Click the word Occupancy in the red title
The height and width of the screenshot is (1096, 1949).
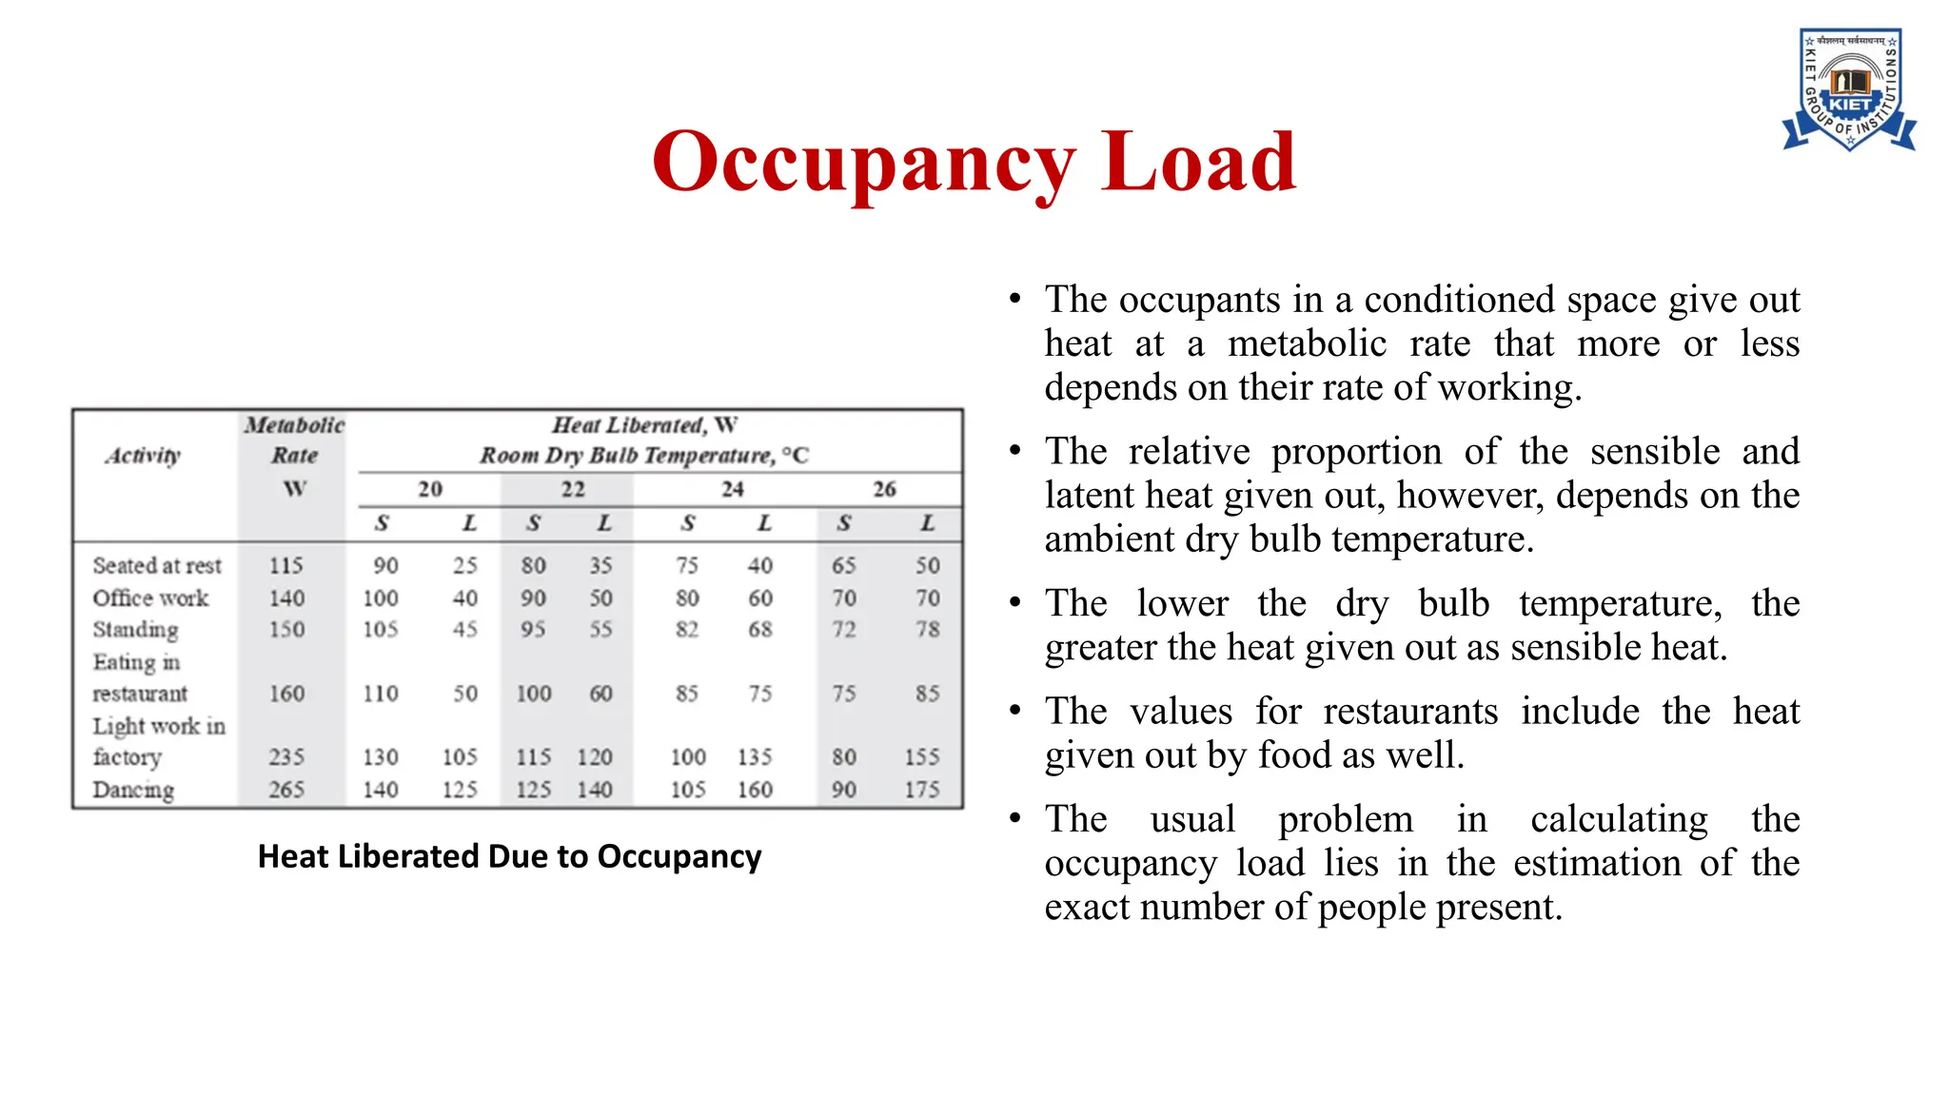[864, 162]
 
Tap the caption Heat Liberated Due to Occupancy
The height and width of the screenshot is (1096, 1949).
[509, 856]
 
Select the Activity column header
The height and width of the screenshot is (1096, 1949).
[143, 456]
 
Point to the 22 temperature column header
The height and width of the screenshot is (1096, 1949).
[572, 489]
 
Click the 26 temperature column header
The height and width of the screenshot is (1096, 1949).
[884, 489]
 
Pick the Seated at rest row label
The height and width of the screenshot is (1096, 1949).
[157, 566]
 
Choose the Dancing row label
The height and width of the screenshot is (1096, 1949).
[133, 790]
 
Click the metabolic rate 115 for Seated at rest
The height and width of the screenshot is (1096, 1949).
[285, 566]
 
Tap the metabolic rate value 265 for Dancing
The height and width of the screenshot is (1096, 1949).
[285, 790]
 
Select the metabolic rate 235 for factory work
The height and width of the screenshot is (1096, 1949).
[285, 757]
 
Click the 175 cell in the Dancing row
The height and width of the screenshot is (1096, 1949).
[921, 790]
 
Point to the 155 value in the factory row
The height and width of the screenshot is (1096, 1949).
[921, 757]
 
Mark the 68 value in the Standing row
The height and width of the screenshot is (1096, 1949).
[759, 630]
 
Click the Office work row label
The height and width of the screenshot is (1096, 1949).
[150, 598]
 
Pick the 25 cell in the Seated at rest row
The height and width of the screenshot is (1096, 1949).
[464, 566]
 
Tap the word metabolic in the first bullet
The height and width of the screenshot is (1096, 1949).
[1307, 343]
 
